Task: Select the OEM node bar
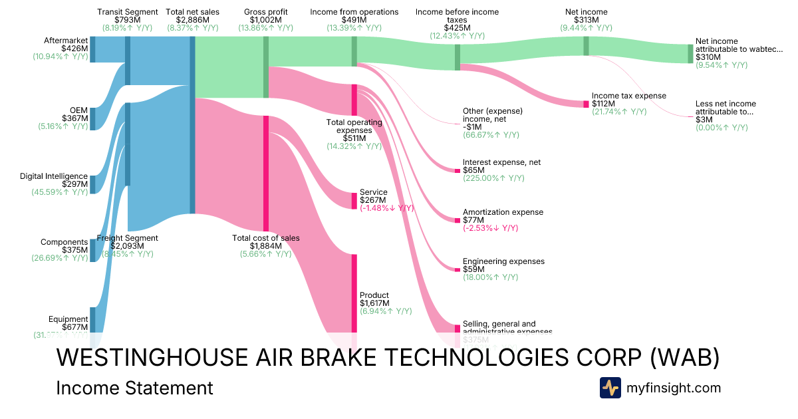coord(92,118)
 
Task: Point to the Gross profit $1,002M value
coord(266,20)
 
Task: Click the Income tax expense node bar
coord(586,104)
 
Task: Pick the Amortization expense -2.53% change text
coord(490,228)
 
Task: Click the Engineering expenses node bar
coord(457,269)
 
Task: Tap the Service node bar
coord(354,200)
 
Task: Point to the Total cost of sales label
coord(266,238)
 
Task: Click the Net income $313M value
coord(586,20)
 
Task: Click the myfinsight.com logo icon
coord(610,388)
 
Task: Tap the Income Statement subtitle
coord(135,388)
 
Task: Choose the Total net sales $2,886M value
coord(192,20)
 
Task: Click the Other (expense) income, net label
coord(493,114)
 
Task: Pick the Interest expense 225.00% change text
coord(493,178)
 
